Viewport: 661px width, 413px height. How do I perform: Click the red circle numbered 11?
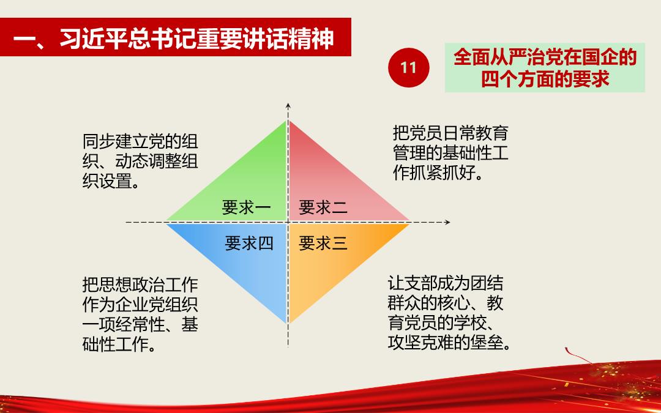click(408, 67)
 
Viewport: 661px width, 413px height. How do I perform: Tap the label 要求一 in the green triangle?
click(247, 208)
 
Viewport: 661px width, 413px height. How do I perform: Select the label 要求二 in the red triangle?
click(323, 208)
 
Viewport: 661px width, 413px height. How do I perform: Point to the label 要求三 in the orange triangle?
click(323, 244)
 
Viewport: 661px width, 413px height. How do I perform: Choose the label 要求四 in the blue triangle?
click(249, 244)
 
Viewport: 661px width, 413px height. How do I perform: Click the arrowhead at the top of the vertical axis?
click(288, 106)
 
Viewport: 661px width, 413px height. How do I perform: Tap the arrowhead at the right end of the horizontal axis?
click(447, 222)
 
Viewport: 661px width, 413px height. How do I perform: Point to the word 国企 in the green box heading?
click(599, 58)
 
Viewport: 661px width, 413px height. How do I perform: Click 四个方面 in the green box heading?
click(517, 78)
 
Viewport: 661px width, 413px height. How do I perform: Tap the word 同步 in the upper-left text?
click(99, 141)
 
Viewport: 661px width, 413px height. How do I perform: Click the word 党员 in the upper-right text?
click(426, 133)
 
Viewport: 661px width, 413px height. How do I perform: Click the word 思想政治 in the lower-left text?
click(132, 285)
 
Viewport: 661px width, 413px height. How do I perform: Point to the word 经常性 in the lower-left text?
click(140, 325)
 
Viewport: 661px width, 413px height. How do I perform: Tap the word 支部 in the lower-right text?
click(420, 283)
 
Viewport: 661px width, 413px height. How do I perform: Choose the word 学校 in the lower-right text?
click(470, 323)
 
